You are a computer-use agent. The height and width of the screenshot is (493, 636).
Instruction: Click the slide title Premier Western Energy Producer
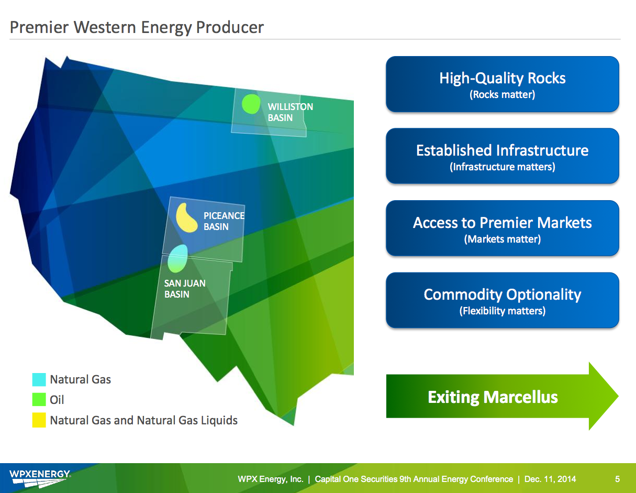click(x=137, y=27)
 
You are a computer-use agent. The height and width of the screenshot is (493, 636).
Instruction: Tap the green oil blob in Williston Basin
click(x=251, y=104)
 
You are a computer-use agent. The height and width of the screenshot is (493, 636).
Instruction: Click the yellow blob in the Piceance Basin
click(x=186, y=218)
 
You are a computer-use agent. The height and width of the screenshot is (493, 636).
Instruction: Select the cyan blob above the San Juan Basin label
click(x=177, y=258)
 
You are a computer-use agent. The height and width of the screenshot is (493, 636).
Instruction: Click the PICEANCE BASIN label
click(x=224, y=221)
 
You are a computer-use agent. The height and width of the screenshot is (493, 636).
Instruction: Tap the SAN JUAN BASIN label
click(x=184, y=289)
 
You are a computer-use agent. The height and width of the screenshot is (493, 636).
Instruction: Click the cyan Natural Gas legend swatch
click(x=39, y=380)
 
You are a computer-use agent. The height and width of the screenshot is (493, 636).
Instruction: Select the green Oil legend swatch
click(x=39, y=400)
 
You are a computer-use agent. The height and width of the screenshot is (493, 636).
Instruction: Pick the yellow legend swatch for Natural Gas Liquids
click(x=39, y=420)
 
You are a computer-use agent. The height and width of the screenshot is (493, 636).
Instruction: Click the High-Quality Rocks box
click(x=502, y=84)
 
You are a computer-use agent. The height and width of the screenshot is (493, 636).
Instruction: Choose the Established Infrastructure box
click(x=502, y=156)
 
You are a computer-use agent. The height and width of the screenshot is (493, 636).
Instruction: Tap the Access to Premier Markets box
click(x=502, y=228)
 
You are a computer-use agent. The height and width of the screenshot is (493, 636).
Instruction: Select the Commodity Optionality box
click(x=502, y=300)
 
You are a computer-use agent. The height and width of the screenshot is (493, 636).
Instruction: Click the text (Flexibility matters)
click(x=502, y=311)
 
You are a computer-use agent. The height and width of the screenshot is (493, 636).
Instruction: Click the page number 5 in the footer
click(x=617, y=479)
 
